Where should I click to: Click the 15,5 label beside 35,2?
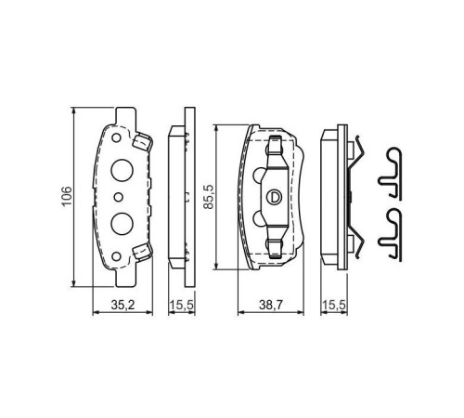pos(180,304)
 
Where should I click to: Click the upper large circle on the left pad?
pos(121,170)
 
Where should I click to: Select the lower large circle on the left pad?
pos(121,223)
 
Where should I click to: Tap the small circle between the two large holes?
pos(120,197)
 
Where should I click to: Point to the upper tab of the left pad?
pos(142,141)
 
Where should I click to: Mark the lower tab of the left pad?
pos(142,251)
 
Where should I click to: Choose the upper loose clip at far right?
pos(394,172)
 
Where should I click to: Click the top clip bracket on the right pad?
pos(274,150)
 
